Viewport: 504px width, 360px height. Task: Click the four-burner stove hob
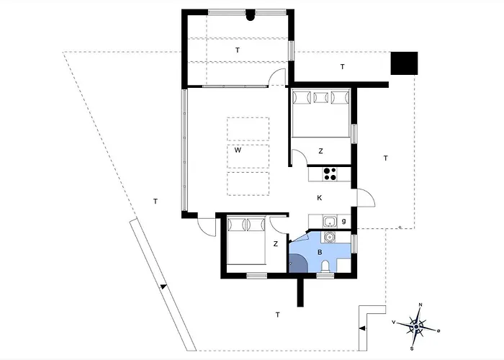click(x=330, y=174)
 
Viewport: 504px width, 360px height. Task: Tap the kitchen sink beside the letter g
click(x=328, y=221)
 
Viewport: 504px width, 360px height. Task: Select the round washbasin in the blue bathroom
click(x=329, y=236)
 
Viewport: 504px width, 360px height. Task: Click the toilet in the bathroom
click(x=325, y=267)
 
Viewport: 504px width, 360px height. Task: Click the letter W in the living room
click(x=237, y=151)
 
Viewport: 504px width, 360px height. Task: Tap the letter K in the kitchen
click(x=319, y=197)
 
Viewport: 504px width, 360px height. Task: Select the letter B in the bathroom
click(x=320, y=252)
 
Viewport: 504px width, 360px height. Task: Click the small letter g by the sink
click(x=344, y=220)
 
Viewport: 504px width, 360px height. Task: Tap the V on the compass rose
click(x=394, y=322)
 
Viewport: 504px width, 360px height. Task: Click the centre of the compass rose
click(x=416, y=327)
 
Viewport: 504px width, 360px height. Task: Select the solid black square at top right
click(x=404, y=64)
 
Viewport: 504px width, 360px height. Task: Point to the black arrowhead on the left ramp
click(x=163, y=287)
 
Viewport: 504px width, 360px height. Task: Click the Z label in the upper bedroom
click(x=320, y=151)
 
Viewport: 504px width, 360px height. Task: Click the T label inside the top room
click(x=237, y=50)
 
